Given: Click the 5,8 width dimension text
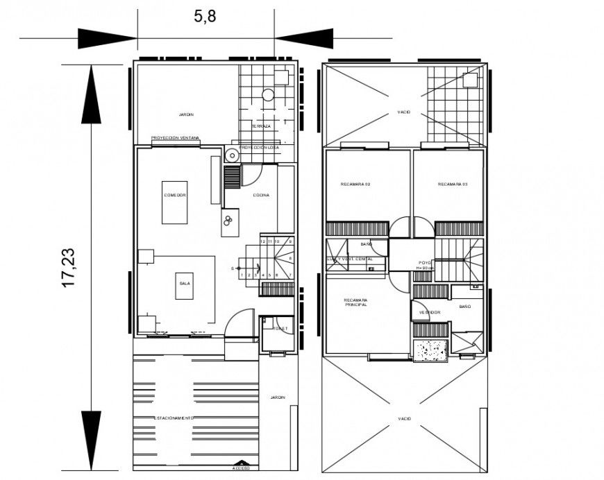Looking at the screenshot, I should tap(205, 16).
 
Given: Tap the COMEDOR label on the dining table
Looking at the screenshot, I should tap(174, 196).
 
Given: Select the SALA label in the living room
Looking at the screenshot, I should tap(184, 284).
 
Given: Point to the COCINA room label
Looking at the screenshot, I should tap(260, 195).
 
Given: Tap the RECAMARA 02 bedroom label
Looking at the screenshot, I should tap(355, 185).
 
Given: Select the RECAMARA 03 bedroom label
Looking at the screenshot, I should tap(452, 185).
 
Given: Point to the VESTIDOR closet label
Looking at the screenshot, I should tap(428, 312).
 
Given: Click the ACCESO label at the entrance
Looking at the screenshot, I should tap(241, 469).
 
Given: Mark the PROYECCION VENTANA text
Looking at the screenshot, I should tap(175, 138).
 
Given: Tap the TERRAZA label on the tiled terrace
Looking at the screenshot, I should tap(261, 126).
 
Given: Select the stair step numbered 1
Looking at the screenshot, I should tap(241, 275).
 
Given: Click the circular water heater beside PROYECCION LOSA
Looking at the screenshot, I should tap(231, 156).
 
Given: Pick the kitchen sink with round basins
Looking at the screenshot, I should tap(228, 221).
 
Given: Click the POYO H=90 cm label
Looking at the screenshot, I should tap(425, 264).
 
